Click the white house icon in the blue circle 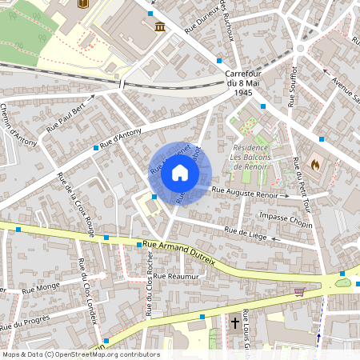click(x=180, y=173)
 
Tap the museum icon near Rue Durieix click(x=160, y=28)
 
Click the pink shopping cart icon click(x=300, y=291)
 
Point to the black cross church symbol click(x=234, y=323)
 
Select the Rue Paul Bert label click(x=66, y=117)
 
